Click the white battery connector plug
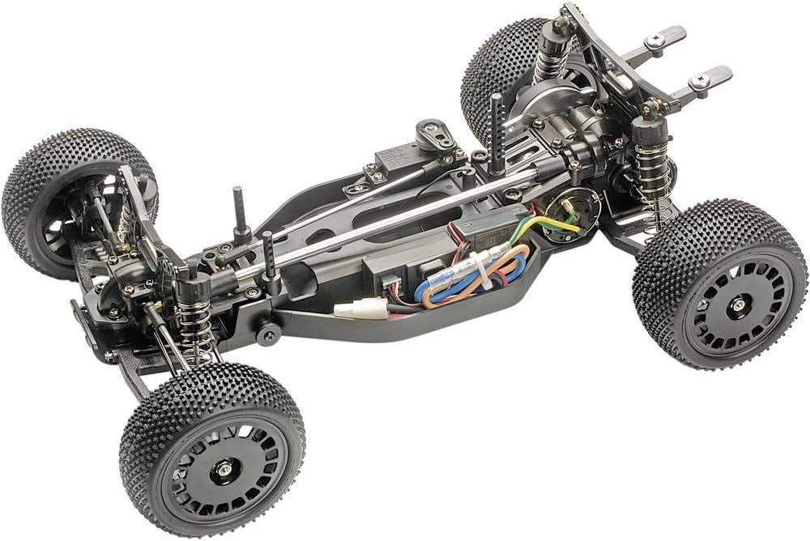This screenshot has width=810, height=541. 357,309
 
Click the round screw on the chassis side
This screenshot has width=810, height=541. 268,333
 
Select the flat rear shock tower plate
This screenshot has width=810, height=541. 616,57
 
